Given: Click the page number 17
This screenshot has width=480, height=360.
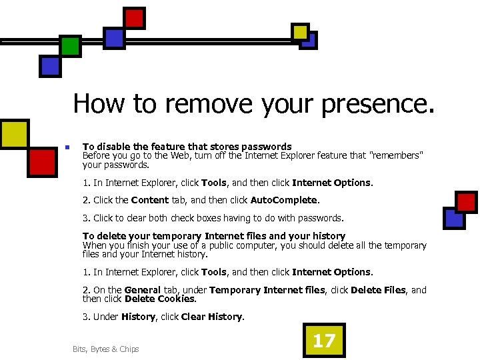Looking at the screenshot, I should click(324, 341).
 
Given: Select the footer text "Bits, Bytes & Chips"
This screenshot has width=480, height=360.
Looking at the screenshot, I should click(106, 349).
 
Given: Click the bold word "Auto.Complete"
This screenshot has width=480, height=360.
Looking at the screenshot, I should click(285, 200).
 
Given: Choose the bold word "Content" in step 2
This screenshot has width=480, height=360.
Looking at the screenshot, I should click(150, 200).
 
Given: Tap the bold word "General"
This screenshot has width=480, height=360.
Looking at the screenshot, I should click(143, 290).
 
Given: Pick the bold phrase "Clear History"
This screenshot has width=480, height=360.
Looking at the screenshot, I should click(212, 317).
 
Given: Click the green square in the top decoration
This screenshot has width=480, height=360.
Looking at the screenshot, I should click(70, 46).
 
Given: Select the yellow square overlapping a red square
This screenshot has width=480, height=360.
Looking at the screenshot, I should click(15, 133).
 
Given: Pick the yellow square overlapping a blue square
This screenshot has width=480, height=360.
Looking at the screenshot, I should click(300, 31).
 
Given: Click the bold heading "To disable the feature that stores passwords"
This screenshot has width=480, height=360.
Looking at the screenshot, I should click(187, 147).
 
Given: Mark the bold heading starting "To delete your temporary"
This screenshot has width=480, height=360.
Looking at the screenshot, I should click(213, 236).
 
